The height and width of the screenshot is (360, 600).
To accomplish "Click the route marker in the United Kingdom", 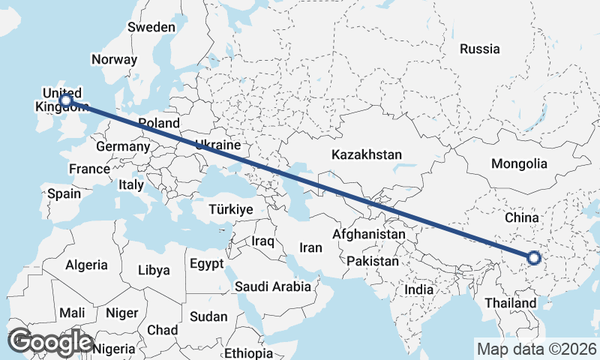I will (66, 99).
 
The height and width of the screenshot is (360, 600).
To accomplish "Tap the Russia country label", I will (480, 49).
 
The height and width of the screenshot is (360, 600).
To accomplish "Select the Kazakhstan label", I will (367, 155).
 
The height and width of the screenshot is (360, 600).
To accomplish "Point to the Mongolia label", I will (519, 163).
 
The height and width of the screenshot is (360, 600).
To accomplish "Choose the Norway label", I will (114, 59).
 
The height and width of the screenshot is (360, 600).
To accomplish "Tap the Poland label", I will (158, 123).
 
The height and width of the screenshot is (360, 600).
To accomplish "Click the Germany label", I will (123, 147).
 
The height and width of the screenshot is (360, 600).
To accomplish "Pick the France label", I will (89, 169).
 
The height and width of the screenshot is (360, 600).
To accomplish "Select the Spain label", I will (64, 193).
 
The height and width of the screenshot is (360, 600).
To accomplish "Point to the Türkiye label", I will (231, 209).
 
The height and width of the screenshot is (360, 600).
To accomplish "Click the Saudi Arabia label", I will (272, 286).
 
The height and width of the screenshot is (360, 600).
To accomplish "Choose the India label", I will (418, 289).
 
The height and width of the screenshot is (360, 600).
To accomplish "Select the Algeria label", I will (86, 265).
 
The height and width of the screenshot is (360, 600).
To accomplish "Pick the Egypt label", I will (207, 264).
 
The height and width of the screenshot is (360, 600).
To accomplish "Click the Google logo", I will (50, 342).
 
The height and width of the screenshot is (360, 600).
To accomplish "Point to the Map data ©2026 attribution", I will (536, 349).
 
